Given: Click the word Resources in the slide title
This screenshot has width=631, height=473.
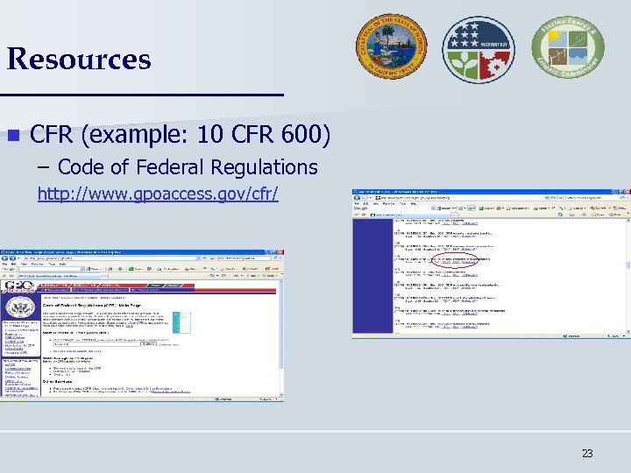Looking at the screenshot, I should click(79, 60).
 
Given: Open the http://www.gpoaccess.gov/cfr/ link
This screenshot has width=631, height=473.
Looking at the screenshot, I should click(158, 193).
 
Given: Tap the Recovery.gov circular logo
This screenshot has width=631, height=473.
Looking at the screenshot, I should click(478, 49).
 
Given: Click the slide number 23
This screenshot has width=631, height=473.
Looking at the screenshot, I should click(587, 454).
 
